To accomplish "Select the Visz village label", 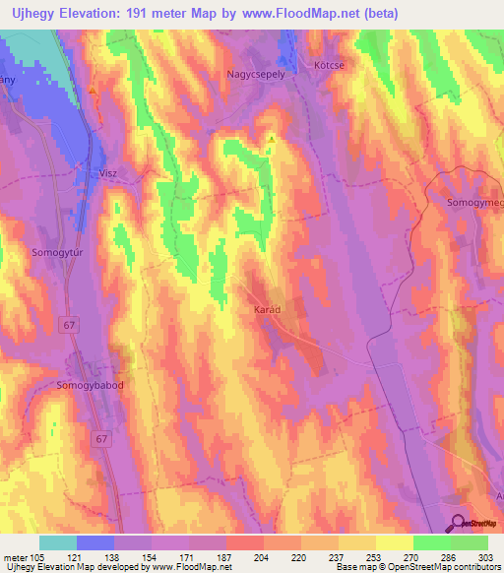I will [x=108, y=171].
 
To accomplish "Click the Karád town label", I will [x=267, y=309].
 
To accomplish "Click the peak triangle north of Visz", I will [x=93, y=90].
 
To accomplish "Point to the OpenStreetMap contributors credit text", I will [x=432, y=567].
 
